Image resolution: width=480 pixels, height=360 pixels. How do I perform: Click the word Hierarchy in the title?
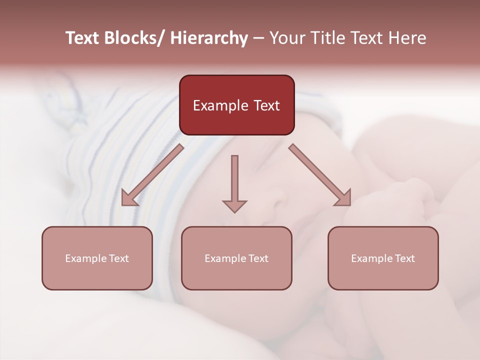point(208,38)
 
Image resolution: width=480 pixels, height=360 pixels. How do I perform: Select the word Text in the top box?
point(266,105)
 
